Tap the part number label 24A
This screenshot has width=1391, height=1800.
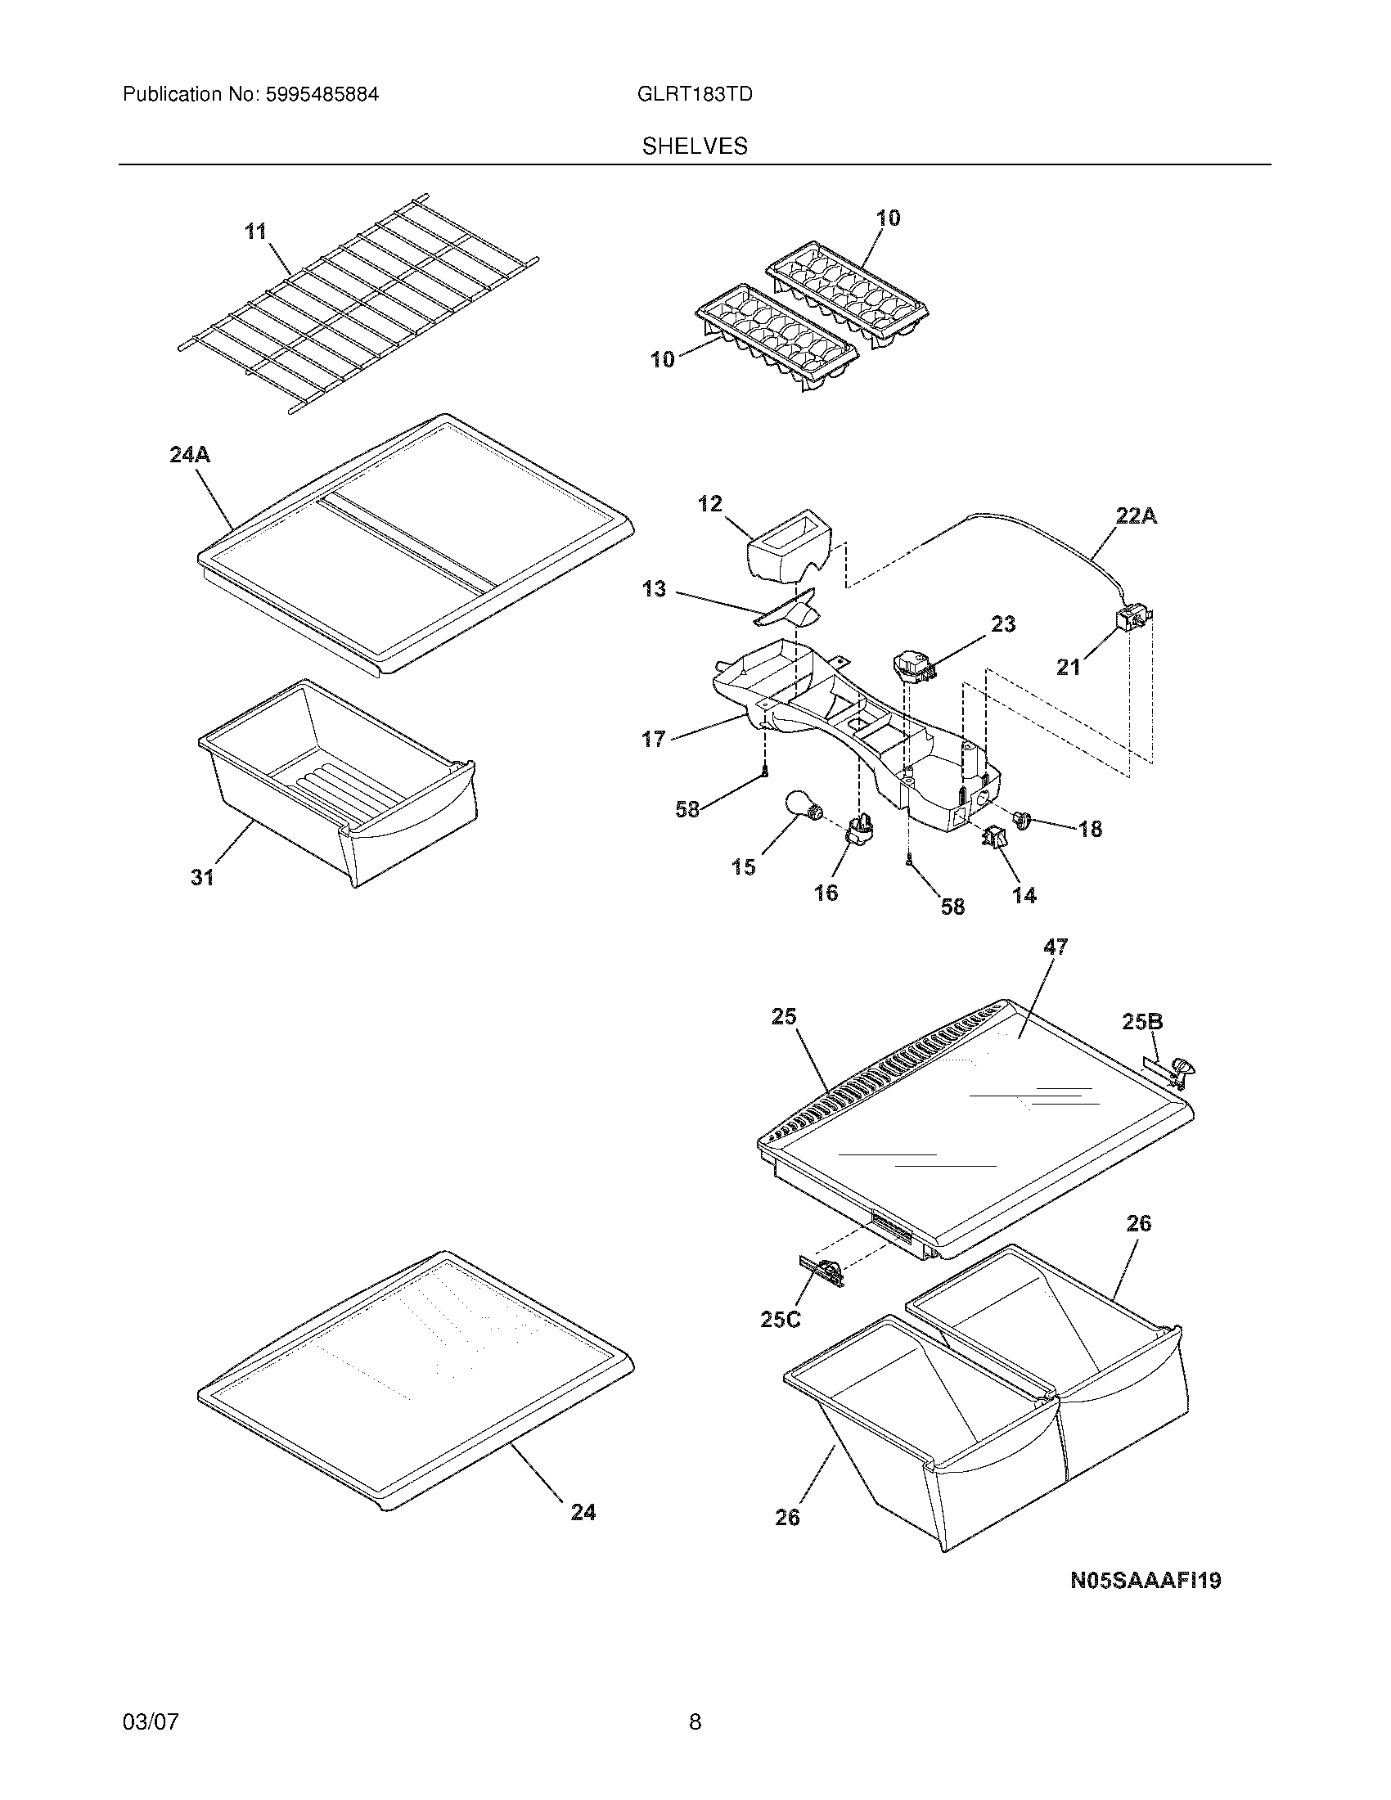pos(190,454)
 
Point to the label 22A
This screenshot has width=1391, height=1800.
pos(1137,516)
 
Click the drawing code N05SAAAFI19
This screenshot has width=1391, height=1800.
pos(1146,1580)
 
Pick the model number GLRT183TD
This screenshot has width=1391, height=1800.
pos(695,95)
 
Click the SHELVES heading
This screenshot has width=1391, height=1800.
pos(695,146)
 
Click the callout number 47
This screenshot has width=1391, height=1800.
pos(1056,947)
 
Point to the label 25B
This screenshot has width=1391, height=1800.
pos(1142,1022)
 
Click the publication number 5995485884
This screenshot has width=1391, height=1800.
pos(322,95)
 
